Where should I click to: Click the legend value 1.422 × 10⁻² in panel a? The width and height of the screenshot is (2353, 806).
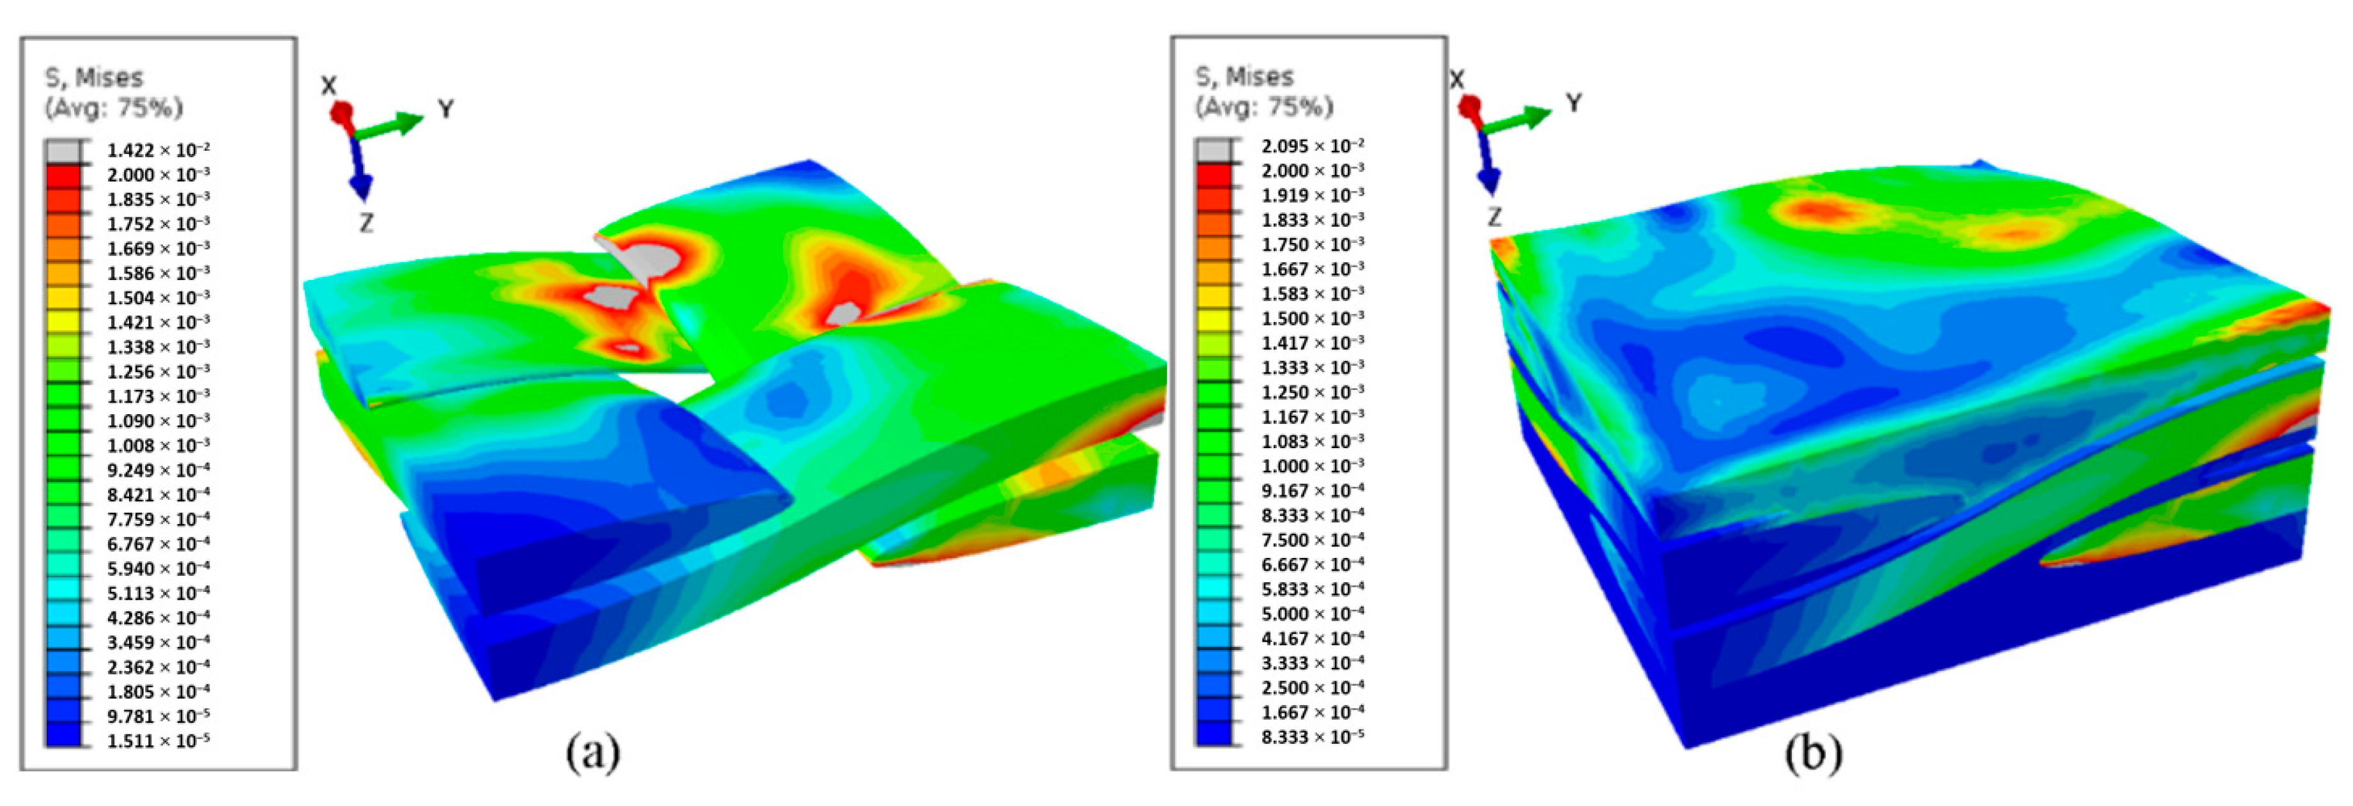click(x=158, y=150)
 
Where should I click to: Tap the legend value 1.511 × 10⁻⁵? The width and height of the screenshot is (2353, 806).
click(x=158, y=740)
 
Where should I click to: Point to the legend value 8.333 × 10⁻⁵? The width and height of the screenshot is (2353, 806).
click(x=1313, y=736)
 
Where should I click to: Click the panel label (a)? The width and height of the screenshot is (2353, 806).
click(x=593, y=753)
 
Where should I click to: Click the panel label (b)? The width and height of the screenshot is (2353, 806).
click(x=1813, y=753)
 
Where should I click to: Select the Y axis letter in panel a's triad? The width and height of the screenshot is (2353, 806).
click(x=446, y=110)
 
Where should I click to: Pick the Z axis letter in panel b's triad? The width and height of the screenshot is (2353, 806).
click(x=1494, y=217)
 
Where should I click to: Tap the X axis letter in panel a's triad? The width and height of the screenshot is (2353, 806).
click(x=329, y=86)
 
